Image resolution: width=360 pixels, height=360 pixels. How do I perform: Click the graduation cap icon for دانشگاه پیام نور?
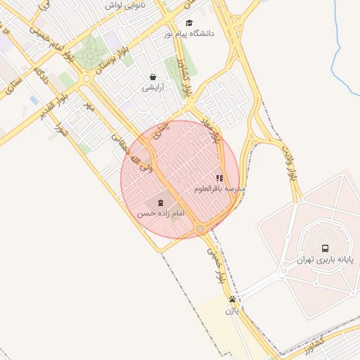[x=189, y=22]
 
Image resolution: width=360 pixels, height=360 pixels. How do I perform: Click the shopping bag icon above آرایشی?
[x=153, y=77]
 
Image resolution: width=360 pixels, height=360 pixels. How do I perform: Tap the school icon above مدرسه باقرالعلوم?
[x=219, y=179]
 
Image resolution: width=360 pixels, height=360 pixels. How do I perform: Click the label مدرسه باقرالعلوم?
[x=219, y=190]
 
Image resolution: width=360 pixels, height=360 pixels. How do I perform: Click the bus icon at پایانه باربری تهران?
[x=325, y=248]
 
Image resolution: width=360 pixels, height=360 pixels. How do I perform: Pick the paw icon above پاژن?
[x=232, y=299]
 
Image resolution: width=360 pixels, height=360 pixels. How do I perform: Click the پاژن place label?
[x=232, y=309]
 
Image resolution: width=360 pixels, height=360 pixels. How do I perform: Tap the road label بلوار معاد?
[x=213, y=131]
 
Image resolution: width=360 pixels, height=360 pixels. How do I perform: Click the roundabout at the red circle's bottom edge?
[x=200, y=229]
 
